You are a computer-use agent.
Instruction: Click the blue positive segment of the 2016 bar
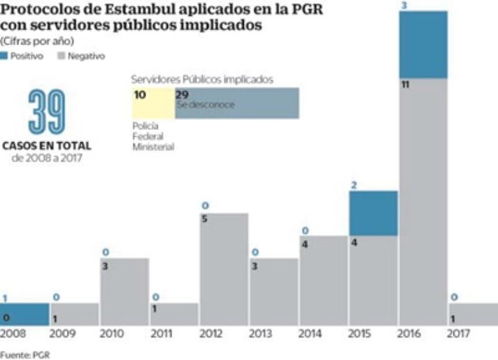point(423,45)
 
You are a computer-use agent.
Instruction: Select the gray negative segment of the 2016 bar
point(423,203)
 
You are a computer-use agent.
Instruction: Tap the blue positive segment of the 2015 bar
point(373,213)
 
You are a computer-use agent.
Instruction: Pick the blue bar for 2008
point(24,314)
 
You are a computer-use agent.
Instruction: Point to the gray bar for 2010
point(124,292)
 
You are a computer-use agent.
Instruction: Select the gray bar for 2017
point(473,314)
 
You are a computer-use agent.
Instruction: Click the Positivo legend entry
point(22,56)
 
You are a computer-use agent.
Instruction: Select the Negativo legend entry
point(81,56)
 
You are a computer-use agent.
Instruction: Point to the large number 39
point(47,113)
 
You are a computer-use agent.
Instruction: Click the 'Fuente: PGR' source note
point(25,354)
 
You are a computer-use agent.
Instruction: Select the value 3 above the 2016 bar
point(403,5)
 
